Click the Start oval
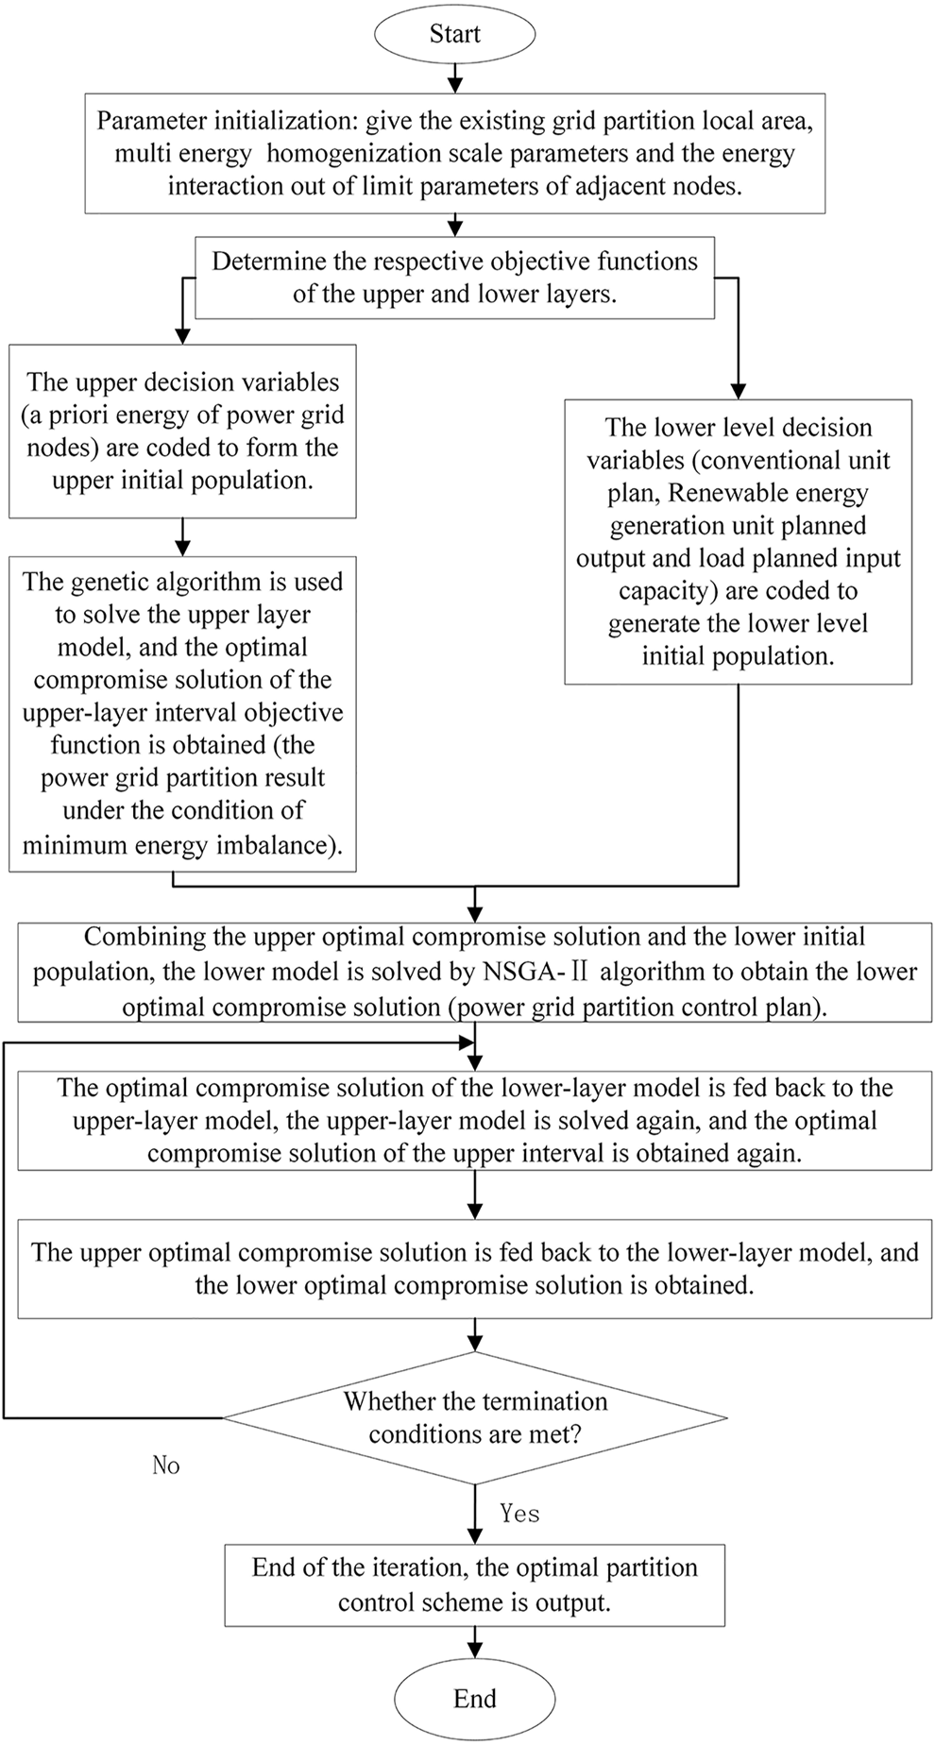[x=454, y=34]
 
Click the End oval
[x=474, y=1698]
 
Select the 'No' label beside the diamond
[x=166, y=1465]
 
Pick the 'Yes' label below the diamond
[x=519, y=1513]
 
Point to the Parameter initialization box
[x=454, y=153]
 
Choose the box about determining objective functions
[x=454, y=278]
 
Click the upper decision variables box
[x=182, y=431]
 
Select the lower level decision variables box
[x=738, y=541]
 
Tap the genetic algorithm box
[x=182, y=713]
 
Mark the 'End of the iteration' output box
[x=474, y=1584]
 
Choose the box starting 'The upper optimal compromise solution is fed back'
[x=474, y=1268]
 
